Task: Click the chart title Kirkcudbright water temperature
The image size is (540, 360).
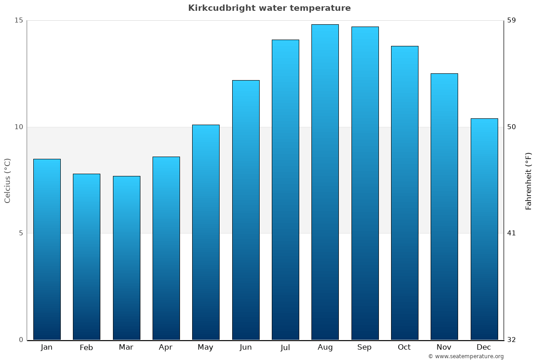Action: [269, 8]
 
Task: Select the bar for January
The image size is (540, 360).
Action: [47, 249]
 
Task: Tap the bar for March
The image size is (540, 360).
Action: [126, 258]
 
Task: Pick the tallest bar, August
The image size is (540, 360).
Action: [325, 182]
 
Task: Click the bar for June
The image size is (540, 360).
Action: [246, 210]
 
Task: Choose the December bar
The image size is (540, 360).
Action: [484, 229]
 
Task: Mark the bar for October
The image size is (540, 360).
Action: [405, 193]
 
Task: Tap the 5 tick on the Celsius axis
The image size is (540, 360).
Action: [20, 233]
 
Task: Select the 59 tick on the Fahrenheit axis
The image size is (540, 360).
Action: [512, 20]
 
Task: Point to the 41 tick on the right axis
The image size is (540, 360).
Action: [512, 233]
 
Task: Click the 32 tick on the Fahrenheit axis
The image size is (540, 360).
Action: [512, 340]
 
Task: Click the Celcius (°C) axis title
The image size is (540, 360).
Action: [8, 180]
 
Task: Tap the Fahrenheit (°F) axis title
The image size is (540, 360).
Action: [528, 180]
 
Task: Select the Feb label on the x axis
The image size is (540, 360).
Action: [86, 347]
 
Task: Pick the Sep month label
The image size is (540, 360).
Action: [364, 347]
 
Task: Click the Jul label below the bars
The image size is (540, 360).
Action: [285, 347]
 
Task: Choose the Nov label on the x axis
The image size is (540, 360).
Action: [444, 347]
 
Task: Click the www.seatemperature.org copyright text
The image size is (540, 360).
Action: [466, 356]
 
